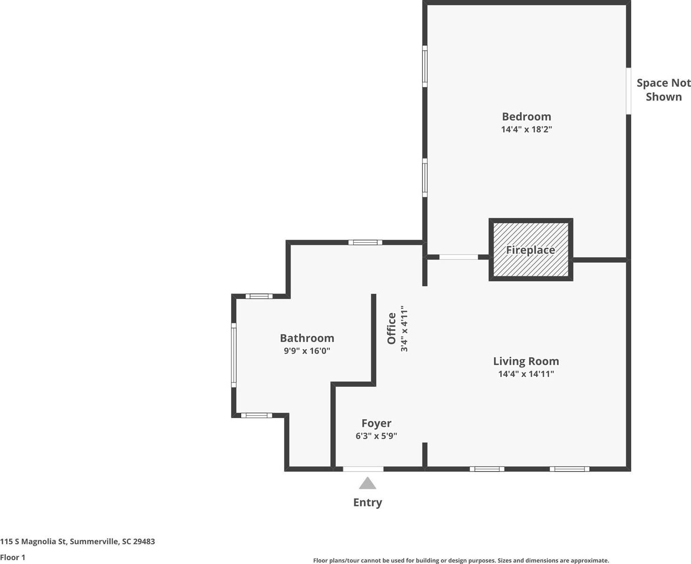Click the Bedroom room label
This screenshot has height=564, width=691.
coord(526,116)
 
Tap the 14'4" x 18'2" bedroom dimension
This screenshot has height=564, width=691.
coord(526,129)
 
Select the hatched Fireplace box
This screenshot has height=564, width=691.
coord(530,250)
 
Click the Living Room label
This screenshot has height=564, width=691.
coord(526,361)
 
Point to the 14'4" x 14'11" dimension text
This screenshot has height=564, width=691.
coord(526,374)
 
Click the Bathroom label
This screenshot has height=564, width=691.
coord(307,338)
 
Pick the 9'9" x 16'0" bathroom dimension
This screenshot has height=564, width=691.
coord(307,351)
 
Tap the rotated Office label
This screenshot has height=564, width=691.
coord(391,328)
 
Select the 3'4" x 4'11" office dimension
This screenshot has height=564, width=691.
coord(404,328)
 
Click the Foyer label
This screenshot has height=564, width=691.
coord(376,423)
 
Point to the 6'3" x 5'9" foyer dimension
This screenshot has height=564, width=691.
coord(376,436)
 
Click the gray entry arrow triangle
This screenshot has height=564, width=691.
coord(367,483)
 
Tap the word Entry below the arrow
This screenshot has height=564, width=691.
coord(367,502)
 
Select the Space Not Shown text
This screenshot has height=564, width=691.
coord(663,90)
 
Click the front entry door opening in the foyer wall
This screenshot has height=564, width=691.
coord(363,469)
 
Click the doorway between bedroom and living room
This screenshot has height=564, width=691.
coord(458,257)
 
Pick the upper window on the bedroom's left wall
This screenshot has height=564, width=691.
coord(424,66)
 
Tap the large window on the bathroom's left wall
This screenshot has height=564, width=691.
coord(234,355)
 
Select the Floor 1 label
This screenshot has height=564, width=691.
coord(13,557)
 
